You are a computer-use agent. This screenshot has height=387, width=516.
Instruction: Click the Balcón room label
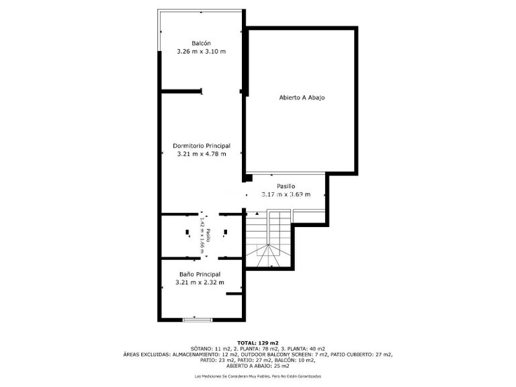pyautogui.click(x=202, y=43)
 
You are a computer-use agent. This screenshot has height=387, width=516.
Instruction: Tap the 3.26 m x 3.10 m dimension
pyautogui.click(x=202, y=52)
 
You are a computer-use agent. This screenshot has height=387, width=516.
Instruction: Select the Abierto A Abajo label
pyautogui.click(x=302, y=97)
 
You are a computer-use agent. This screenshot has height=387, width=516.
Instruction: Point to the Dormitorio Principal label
pyautogui.click(x=202, y=145)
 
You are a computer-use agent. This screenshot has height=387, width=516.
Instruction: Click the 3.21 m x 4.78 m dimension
pyautogui.click(x=202, y=154)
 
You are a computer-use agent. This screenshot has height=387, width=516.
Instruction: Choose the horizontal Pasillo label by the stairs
pyautogui.click(x=286, y=185)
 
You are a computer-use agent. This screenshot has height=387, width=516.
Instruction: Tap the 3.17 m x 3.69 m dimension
pyautogui.click(x=286, y=194)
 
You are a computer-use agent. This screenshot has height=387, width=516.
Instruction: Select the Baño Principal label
pyautogui.click(x=200, y=274)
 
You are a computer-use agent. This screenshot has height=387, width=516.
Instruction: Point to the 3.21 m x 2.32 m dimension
pyautogui.click(x=200, y=283)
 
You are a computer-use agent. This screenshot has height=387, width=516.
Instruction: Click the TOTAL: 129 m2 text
pyautogui.click(x=257, y=343)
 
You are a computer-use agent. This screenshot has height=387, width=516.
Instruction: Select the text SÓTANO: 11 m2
pyautogui.click(x=210, y=349)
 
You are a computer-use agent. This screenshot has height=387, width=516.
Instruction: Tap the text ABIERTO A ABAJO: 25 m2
pyautogui.click(x=258, y=365)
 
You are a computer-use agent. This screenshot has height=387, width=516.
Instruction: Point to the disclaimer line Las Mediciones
pyautogui.click(x=258, y=376)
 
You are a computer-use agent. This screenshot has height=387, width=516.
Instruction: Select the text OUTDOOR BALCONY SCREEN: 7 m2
pyautogui.click(x=278, y=354)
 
